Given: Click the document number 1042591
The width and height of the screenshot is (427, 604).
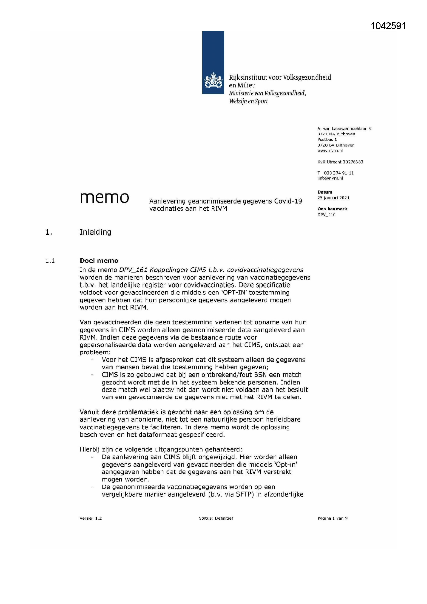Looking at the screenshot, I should pyautogui.click(x=388, y=26).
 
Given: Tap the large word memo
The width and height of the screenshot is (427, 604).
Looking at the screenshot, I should pyautogui.click(x=105, y=198).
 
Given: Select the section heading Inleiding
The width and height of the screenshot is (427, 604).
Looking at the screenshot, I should pyautogui.click(x=95, y=232).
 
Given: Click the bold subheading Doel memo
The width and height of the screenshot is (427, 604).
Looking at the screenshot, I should pyautogui.click(x=99, y=261).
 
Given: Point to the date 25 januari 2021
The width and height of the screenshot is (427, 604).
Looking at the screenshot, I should pyautogui.click(x=333, y=198).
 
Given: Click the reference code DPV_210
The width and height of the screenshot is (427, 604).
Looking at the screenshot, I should pyautogui.click(x=326, y=215).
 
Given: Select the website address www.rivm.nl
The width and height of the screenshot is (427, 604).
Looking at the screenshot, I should pyautogui.click(x=330, y=151).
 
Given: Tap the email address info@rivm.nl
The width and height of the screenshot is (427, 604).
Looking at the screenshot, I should pyautogui.click(x=330, y=178).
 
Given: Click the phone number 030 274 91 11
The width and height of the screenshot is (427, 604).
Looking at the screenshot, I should pyautogui.click(x=339, y=173).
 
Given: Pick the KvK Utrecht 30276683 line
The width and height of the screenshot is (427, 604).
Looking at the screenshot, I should pyautogui.click(x=340, y=162).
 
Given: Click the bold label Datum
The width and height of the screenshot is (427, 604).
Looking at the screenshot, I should pyautogui.click(x=325, y=192).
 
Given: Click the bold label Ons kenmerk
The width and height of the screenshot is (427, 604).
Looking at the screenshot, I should pyautogui.click(x=332, y=209).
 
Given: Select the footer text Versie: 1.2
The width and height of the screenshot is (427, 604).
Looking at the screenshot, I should pyautogui.click(x=90, y=518).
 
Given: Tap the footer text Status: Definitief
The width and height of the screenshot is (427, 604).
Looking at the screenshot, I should pyautogui.click(x=216, y=518).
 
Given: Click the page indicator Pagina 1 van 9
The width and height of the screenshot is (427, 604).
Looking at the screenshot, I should pyautogui.click(x=332, y=518).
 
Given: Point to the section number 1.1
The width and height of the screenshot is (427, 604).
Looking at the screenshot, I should pyautogui.click(x=50, y=261).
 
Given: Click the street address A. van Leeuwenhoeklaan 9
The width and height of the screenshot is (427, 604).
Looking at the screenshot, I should pyautogui.click(x=344, y=129).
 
